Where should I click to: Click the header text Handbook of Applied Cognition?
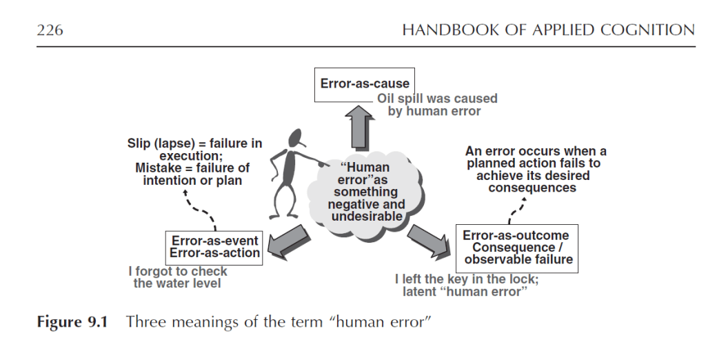pos(548,30)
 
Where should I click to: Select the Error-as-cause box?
pos(365,84)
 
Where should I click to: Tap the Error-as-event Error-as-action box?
pos(215,246)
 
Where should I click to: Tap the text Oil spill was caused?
pos(436,99)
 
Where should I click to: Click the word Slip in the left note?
pos(141,144)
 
